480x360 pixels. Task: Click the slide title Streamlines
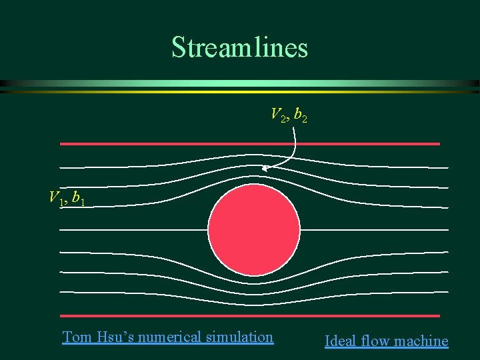[239, 47]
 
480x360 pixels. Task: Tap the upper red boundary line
[250, 143]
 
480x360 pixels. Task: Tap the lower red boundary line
[250, 315]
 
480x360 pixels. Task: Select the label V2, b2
[289, 115]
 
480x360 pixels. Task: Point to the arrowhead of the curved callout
[264, 169]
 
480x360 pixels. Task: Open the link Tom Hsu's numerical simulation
[167, 337]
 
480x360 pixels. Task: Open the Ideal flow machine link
[386, 341]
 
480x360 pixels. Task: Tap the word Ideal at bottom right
[339, 341]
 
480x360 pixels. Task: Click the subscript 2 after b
[304, 119]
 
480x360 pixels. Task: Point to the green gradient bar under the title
[240, 85]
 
